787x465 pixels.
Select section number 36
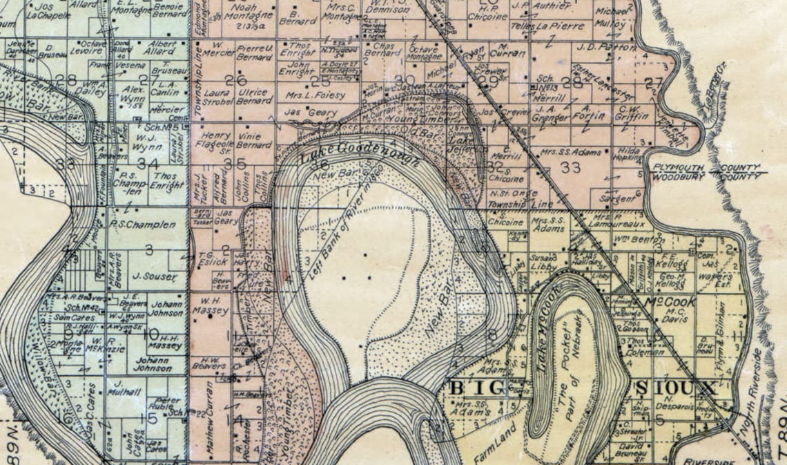pyautogui.click(x=319, y=165)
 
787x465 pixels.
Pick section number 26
pyautogui.click(x=235, y=80)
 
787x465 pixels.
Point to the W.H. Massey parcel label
pyautogui.click(x=211, y=306)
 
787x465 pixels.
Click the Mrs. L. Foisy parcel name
pyautogui.click(x=319, y=95)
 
